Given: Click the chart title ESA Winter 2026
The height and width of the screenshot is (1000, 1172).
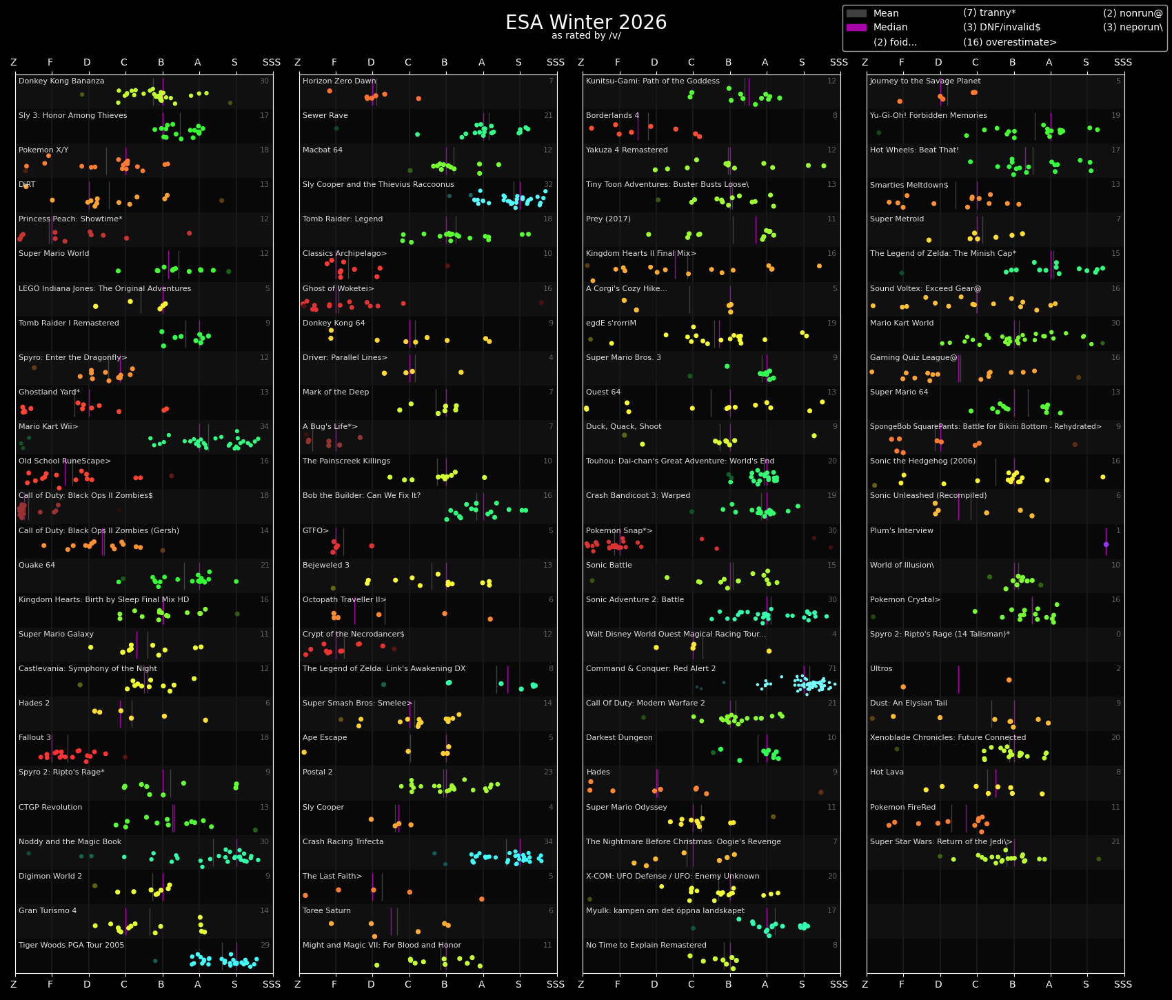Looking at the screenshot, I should coord(586,23).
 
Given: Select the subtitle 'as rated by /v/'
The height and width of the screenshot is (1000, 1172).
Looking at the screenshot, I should coord(586,36).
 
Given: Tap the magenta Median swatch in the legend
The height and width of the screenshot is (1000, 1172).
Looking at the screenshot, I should coord(856,28).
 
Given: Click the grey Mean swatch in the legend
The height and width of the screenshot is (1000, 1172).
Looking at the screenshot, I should coord(856,14).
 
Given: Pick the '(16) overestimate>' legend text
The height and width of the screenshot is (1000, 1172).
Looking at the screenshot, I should coord(1009,43).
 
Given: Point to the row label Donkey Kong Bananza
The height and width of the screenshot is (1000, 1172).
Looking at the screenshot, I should coord(61,81).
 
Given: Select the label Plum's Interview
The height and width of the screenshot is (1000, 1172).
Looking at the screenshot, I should coord(901,531).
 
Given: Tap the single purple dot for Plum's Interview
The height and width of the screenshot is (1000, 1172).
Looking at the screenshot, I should coord(1106,545).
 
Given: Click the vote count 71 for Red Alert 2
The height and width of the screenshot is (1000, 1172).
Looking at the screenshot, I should coord(832,669).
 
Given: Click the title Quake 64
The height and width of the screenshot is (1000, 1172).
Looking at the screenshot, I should coord(37,566).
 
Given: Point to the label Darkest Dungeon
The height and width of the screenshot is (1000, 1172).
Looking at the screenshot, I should coord(619,738).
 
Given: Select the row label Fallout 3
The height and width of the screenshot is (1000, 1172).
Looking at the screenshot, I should coord(34,738).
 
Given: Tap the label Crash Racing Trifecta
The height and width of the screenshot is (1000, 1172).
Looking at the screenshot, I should coord(343,842).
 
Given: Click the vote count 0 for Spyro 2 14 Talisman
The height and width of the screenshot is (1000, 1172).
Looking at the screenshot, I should coord(1118,634).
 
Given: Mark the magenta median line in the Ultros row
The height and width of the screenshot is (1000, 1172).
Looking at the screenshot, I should coord(958,679).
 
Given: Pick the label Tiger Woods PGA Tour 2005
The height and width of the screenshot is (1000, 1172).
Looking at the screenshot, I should coord(71,946).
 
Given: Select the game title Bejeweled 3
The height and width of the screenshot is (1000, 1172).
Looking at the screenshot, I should coord(325,566).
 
